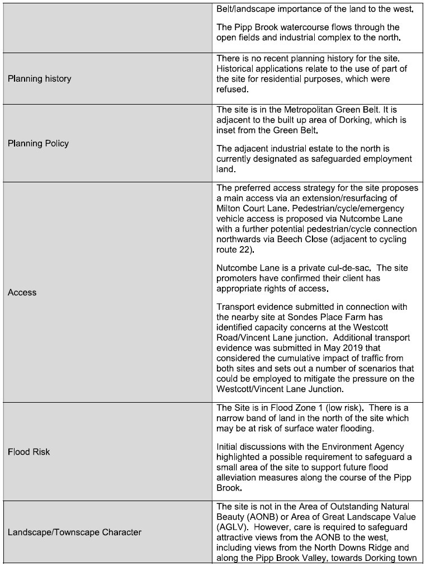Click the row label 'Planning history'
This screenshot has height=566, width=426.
39,79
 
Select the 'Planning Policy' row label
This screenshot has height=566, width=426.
38,143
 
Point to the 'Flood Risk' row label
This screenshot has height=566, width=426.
29,451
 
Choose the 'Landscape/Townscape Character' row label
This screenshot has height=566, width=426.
74,532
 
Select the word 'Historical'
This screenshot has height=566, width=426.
237,68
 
